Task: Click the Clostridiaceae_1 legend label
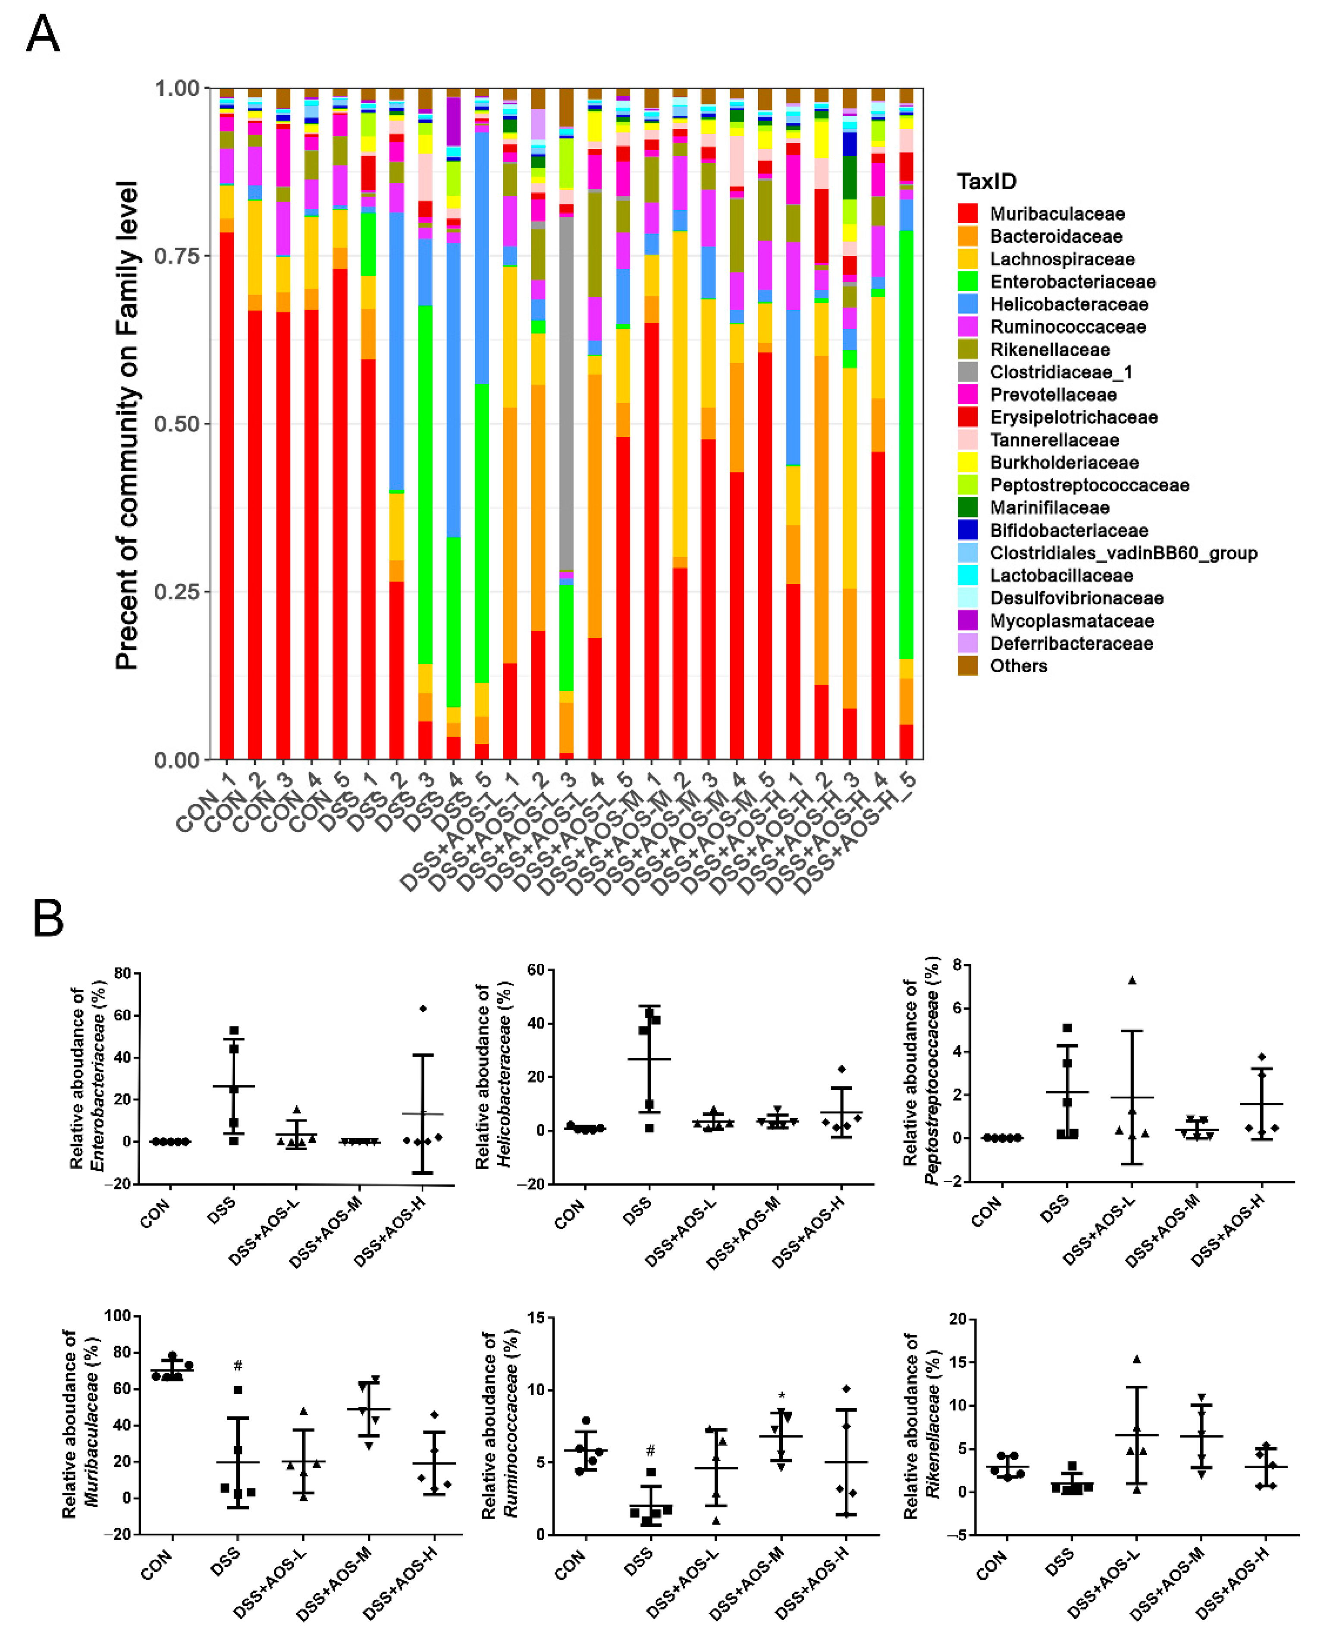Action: coord(1060,372)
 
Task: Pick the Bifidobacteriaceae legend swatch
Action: coord(968,530)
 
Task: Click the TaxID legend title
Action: coord(986,182)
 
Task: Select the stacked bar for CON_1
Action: coord(227,460)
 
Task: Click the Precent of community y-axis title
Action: coord(127,425)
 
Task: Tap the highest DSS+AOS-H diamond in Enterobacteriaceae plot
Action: coord(423,1008)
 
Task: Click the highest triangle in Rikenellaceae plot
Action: coord(1137,1359)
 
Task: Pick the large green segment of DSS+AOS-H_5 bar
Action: coord(907,444)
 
